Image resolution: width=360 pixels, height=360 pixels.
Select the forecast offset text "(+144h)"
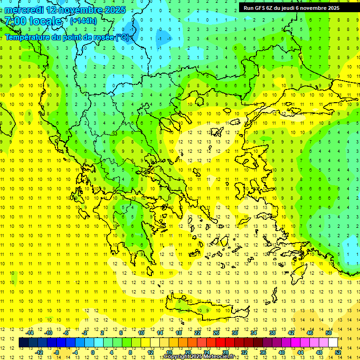(x=83, y=21)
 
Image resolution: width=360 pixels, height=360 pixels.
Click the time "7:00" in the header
(x=15, y=21)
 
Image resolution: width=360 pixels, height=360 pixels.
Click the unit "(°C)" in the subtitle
(x=123, y=37)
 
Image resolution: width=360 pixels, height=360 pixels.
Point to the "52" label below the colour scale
(x=338, y=352)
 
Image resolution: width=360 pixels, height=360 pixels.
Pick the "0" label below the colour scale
(x=93, y=352)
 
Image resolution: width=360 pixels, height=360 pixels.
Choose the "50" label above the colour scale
(x=328, y=332)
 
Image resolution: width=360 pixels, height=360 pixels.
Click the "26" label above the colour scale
(x=216, y=332)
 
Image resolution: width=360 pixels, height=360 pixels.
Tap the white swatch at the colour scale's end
(x=333, y=342)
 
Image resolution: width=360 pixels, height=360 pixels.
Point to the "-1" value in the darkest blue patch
(x=160, y=38)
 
